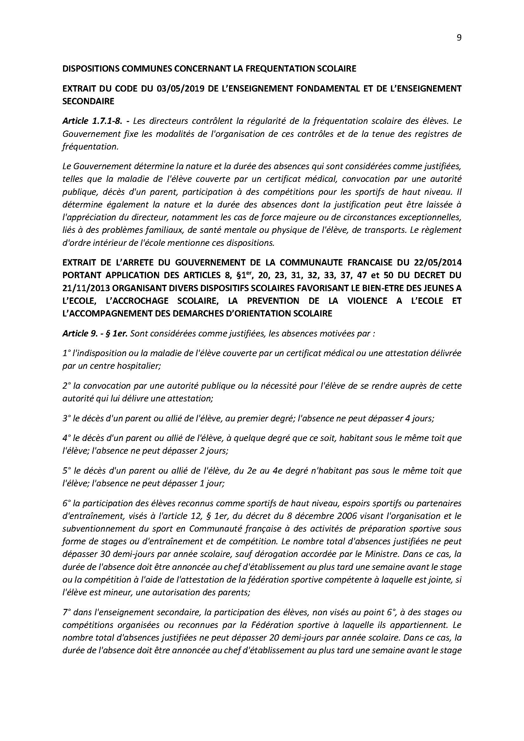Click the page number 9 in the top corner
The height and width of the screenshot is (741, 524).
pyautogui.click(x=459, y=38)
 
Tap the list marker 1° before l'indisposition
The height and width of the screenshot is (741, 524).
pyautogui.click(x=66, y=353)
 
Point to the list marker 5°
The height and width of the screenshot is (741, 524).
pyautogui.click(x=67, y=470)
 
